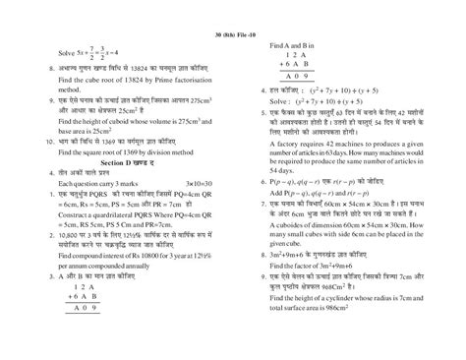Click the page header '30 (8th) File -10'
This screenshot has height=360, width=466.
[x=232, y=9]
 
